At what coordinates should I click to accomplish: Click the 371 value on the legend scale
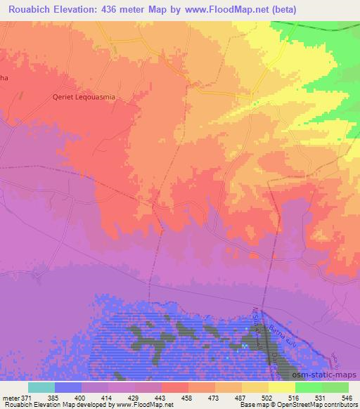point(27,397)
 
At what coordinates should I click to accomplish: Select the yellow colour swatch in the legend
point(281,387)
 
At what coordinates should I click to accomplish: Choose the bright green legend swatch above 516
point(307,387)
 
